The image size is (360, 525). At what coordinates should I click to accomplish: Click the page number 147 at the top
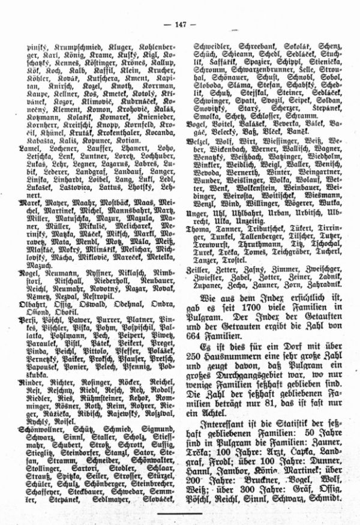(x=181, y=24)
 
